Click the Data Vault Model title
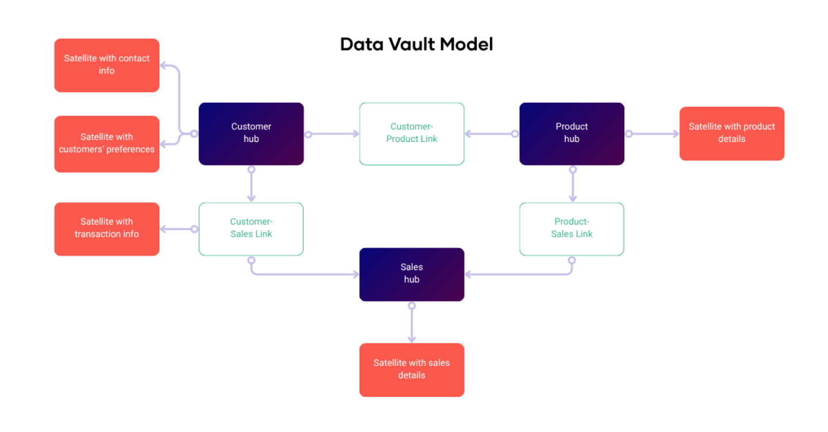click(x=416, y=44)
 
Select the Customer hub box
click(x=251, y=133)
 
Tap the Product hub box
click(x=572, y=133)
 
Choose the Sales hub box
click(x=411, y=274)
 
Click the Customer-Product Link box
click(x=411, y=133)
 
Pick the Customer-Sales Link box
click(x=251, y=229)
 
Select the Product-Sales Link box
click(x=572, y=229)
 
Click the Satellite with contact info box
click(x=106, y=65)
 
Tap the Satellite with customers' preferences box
click(x=106, y=144)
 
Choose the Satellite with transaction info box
click(x=106, y=229)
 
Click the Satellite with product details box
click(x=731, y=133)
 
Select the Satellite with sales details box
click(x=411, y=369)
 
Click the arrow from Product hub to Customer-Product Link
click(x=490, y=134)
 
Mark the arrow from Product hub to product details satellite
click(x=653, y=134)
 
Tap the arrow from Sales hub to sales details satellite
click(x=412, y=324)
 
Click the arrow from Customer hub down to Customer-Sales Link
click(x=251, y=184)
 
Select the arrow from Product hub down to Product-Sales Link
click(x=573, y=184)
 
